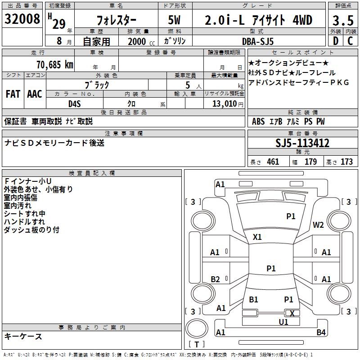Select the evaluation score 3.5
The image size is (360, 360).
click(x=342, y=20)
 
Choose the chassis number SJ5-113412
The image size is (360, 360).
click(x=302, y=143)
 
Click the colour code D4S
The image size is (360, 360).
click(x=74, y=104)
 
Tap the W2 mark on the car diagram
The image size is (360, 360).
click(x=319, y=225)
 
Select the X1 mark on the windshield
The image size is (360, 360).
click(x=257, y=237)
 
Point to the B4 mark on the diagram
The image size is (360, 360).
click(x=321, y=333)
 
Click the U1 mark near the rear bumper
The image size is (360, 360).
click(x=283, y=322)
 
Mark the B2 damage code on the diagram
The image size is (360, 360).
click(x=215, y=279)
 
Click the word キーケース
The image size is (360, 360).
click(x=23, y=337)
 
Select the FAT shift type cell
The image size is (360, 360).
click(x=13, y=94)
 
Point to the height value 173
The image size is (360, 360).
click(x=346, y=162)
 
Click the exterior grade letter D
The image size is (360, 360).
click(x=335, y=41)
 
